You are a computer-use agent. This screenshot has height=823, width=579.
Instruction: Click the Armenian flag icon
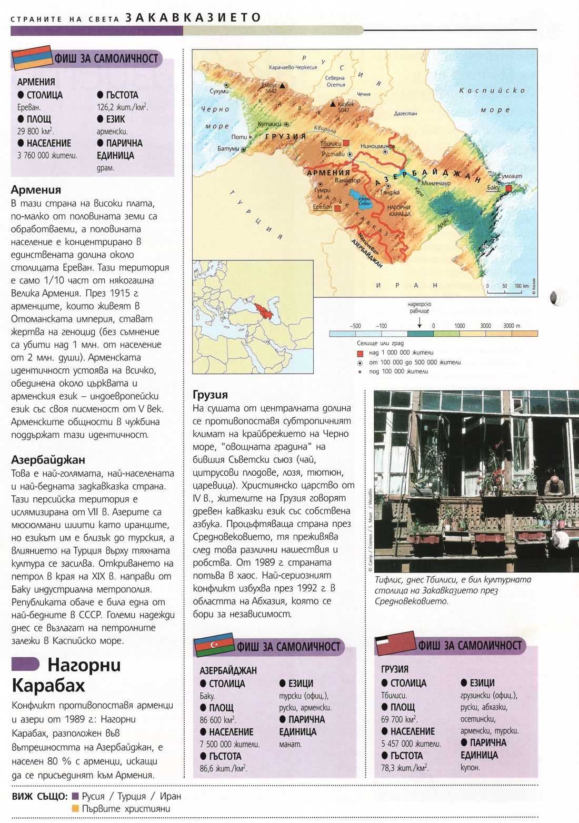[32, 58]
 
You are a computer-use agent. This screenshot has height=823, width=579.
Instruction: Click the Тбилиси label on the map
[331, 143]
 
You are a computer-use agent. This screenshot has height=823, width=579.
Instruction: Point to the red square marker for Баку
[508, 188]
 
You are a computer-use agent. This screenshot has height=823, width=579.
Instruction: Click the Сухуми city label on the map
[219, 91]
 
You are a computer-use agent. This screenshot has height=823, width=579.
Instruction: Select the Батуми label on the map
[228, 148]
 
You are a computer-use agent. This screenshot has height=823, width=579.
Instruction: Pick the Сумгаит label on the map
[511, 176]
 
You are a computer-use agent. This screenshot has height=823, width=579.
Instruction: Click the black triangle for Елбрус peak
[283, 85]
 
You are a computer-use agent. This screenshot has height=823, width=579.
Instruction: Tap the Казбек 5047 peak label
[345, 107]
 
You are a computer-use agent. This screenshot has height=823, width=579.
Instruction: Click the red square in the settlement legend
[360, 353]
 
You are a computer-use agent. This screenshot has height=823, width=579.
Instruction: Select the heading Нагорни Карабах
[66, 675]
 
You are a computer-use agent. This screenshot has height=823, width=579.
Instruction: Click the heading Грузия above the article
[211, 395]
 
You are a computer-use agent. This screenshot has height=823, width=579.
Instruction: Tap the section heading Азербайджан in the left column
[48, 460]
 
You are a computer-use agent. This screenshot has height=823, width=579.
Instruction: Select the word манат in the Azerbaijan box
[290, 744]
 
